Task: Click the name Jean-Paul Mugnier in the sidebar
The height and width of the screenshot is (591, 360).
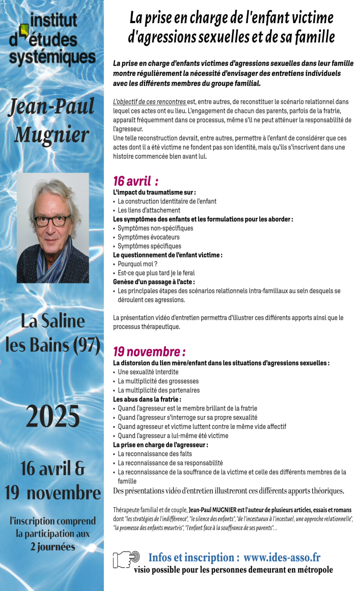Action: point(51,121)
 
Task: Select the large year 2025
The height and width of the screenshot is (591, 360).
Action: point(52,417)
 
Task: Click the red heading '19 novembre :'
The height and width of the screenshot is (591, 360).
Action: point(149,352)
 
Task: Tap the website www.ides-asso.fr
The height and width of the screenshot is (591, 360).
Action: point(282,558)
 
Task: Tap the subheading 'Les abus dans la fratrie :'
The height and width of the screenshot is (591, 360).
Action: point(147,399)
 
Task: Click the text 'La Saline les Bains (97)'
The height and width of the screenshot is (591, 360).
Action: point(52,333)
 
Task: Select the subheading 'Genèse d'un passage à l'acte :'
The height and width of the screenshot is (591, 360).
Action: point(154,282)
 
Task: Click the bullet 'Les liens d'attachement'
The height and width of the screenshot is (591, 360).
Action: point(149,210)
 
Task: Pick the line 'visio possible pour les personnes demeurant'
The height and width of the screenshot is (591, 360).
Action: point(233,570)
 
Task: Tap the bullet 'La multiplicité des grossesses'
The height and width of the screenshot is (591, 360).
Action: point(158,381)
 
